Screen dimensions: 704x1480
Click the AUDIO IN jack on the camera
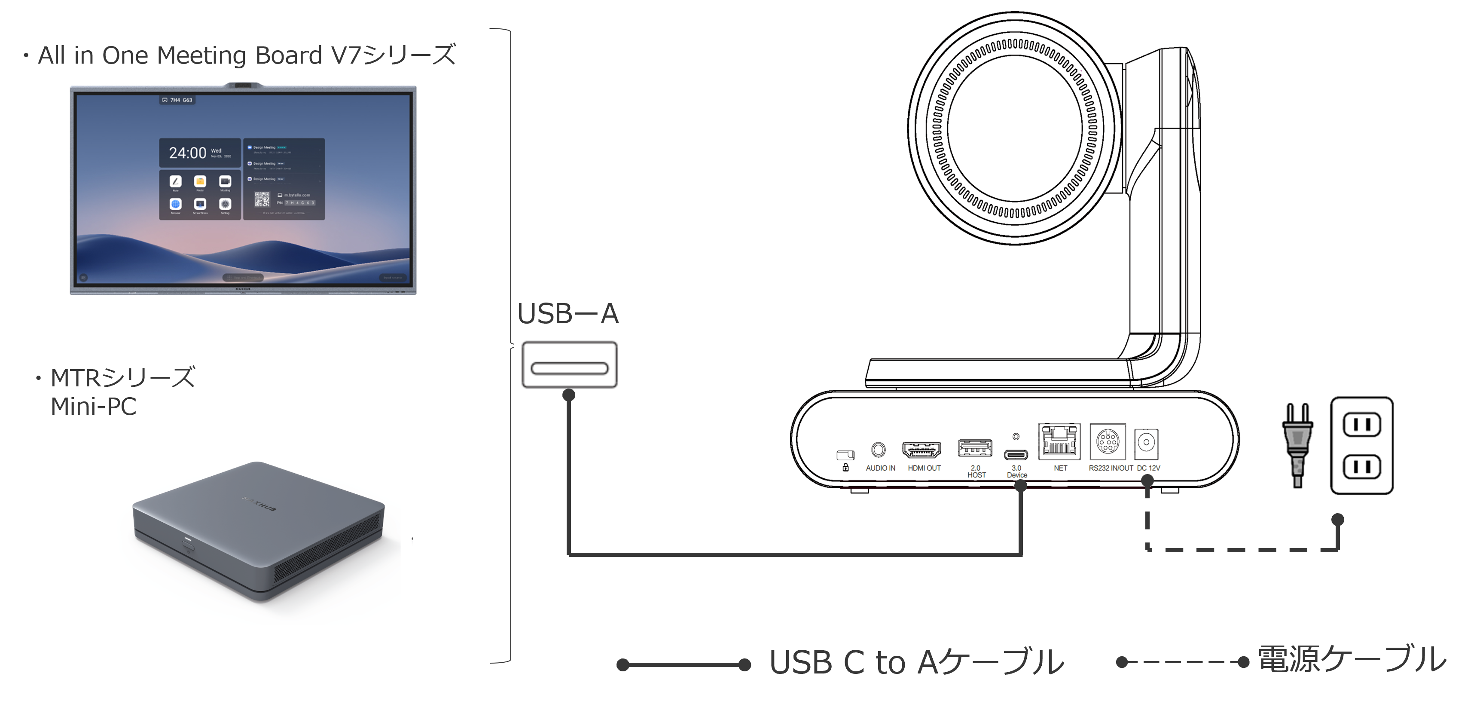point(879,450)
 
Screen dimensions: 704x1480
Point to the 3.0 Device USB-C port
point(1016,455)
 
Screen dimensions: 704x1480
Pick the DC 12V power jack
point(1146,444)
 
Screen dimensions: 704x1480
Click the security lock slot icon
point(845,456)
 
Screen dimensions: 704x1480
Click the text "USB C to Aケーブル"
point(916,662)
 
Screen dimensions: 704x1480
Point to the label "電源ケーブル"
point(1351,659)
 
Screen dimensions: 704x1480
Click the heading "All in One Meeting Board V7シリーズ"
point(246,55)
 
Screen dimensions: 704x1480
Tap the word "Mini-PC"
point(93,406)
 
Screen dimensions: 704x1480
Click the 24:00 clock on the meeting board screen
point(187,153)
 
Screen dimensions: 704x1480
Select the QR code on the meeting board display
point(262,199)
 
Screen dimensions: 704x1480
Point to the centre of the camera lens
point(1014,128)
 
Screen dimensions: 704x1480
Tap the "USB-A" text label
point(567,314)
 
